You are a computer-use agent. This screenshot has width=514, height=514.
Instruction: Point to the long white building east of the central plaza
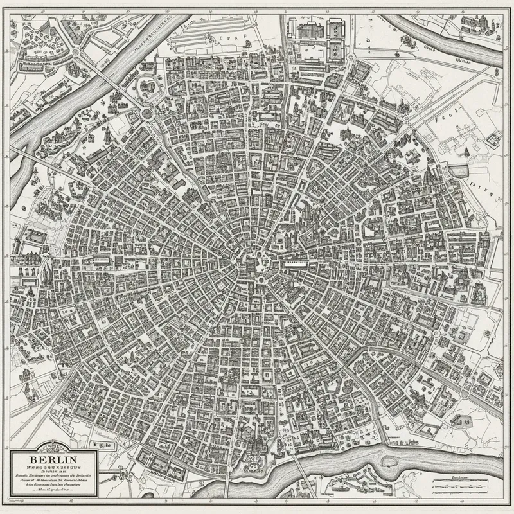[x=302, y=263]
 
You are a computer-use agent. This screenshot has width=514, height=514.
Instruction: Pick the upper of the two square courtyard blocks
[x=335, y=29]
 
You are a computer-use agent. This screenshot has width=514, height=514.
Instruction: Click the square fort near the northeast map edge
[x=493, y=138]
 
